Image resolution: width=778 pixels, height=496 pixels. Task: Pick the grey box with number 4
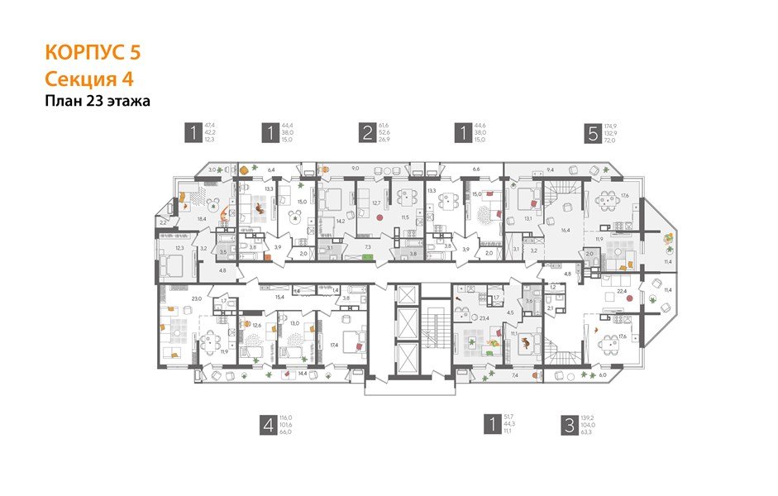click(268, 425)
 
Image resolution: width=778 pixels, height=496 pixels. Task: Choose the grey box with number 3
click(568, 425)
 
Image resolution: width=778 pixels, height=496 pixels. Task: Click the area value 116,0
click(289, 417)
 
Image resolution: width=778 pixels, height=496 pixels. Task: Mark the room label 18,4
click(200, 218)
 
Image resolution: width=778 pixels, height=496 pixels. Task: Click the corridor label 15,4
click(279, 296)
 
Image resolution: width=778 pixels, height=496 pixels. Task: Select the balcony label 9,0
click(356, 169)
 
